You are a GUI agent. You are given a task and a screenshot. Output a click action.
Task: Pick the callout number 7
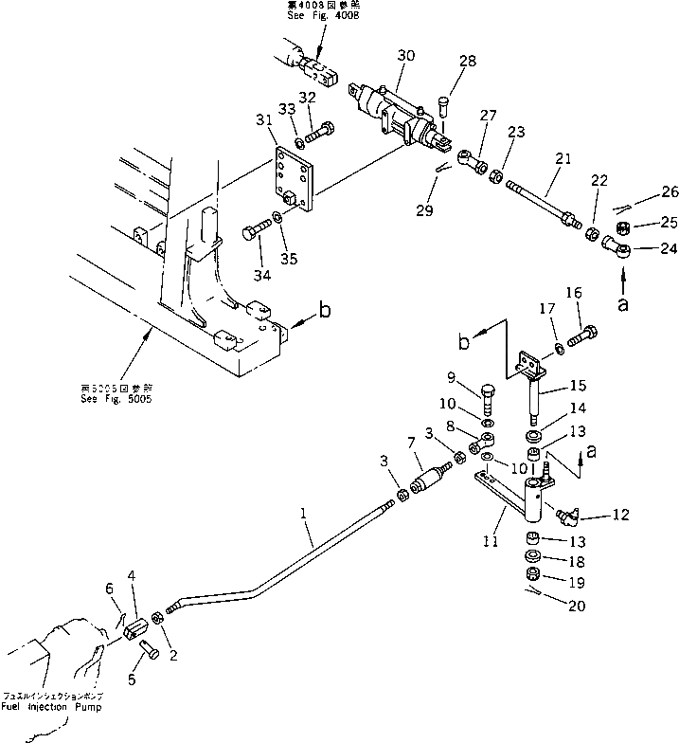pos(411,444)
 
